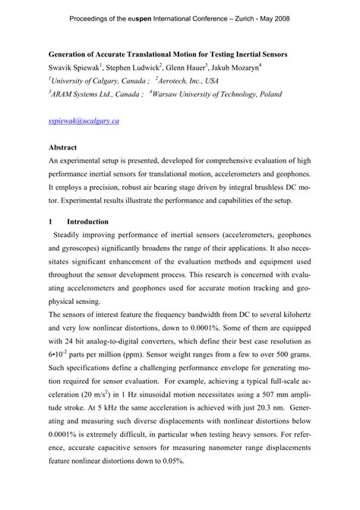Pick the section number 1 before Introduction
coord(50,221)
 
